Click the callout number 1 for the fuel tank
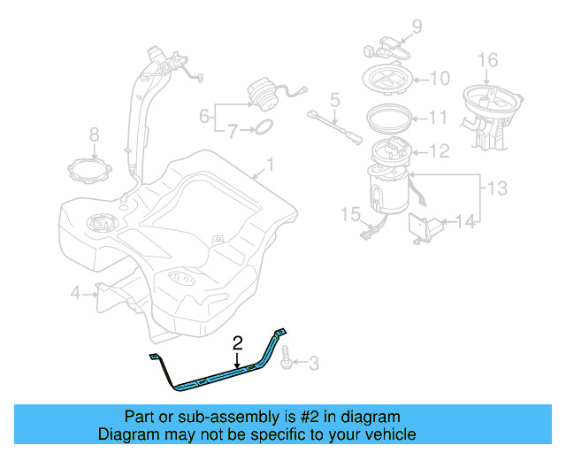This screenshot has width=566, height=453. pyautogui.click(x=271, y=165)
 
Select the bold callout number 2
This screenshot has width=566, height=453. pyautogui.click(x=237, y=343)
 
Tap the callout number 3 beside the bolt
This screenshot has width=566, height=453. pyautogui.click(x=314, y=361)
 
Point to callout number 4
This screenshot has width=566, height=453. pyautogui.click(x=76, y=293)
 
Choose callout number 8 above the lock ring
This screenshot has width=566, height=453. pyautogui.click(x=95, y=135)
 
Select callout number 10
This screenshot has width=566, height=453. pyautogui.click(x=440, y=78)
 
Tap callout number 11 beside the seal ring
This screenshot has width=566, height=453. pyautogui.click(x=440, y=116)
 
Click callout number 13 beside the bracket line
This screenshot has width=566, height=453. pyautogui.click(x=498, y=188)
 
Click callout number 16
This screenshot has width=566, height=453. pyautogui.click(x=488, y=61)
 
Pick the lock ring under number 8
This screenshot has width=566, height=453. pyautogui.click(x=91, y=169)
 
